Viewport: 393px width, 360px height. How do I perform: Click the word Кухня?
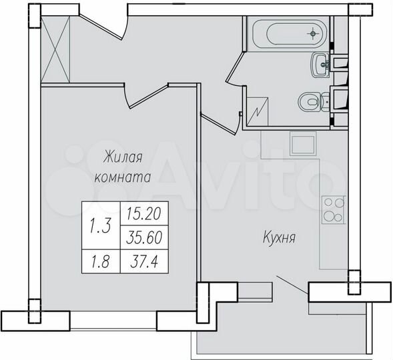click(x=280, y=237)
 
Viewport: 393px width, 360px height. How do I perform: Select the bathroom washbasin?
click(x=320, y=64)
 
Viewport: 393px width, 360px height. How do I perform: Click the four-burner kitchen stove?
click(x=332, y=209)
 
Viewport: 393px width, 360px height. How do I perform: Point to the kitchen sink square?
click(x=302, y=143)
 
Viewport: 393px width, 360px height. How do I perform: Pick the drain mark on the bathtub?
click(x=312, y=33)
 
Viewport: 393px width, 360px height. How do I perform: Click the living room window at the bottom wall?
click(x=114, y=320)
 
